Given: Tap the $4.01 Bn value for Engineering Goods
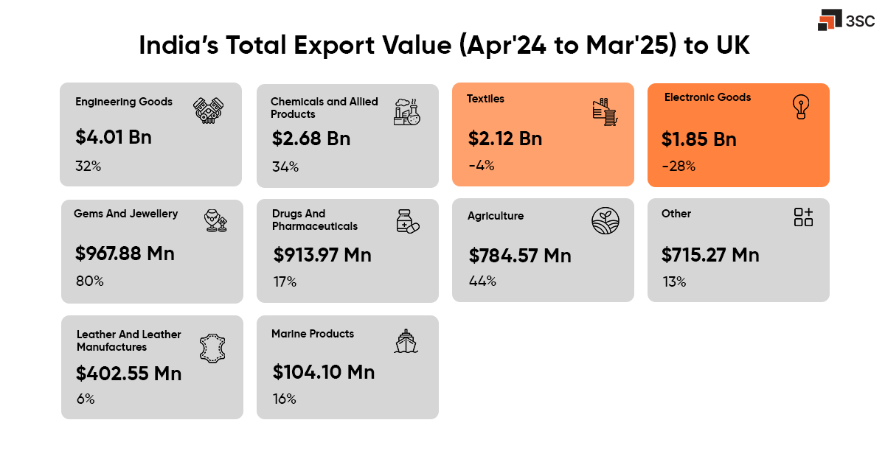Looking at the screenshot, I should pyautogui.click(x=114, y=137).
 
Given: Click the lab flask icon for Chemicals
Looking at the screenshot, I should pyautogui.click(x=407, y=111).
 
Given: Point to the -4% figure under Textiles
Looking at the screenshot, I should pyautogui.click(x=481, y=166).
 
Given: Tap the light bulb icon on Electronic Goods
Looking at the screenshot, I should pyautogui.click(x=800, y=108).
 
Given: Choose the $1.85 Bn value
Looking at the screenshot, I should pyautogui.click(x=698, y=139).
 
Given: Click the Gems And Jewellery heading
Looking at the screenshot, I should pyautogui.click(x=125, y=214).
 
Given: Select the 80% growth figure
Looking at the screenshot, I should pyautogui.click(x=89, y=281).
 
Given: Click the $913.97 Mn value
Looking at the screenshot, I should pyautogui.click(x=322, y=255).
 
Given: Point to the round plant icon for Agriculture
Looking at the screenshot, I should pyautogui.click(x=605, y=220).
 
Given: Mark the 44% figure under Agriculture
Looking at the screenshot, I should pyautogui.click(x=482, y=281).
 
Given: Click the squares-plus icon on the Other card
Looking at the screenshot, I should pyautogui.click(x=803, y=217).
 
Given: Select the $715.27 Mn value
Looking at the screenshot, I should pyautogui.click(x=710, y=255).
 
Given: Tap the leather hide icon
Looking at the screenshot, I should pyautogui.click(x=213, y=348).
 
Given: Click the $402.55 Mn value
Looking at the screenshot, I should pyautogui.click(x=128, y=374).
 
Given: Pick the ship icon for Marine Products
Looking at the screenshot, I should pyautogui.click(x=406, y=341).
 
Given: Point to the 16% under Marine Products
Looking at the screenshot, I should pyautogui.click(x=284, y=399).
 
